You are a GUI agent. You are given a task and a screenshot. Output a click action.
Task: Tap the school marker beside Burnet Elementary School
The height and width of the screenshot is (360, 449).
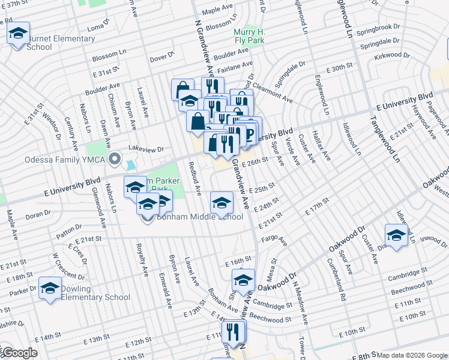click(19, 33)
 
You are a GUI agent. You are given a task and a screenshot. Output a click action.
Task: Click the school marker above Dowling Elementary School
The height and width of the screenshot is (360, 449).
click(50, 287)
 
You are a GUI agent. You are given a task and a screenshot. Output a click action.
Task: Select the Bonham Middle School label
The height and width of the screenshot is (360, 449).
click(200, 217)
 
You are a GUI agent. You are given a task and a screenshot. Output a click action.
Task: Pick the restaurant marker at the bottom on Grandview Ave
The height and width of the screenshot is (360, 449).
click(233, 331)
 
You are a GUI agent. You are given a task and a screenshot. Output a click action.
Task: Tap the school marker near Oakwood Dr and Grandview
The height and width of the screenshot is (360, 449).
click(243, 280)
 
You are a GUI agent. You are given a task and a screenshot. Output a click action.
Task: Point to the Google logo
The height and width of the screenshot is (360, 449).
click(19, 353)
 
